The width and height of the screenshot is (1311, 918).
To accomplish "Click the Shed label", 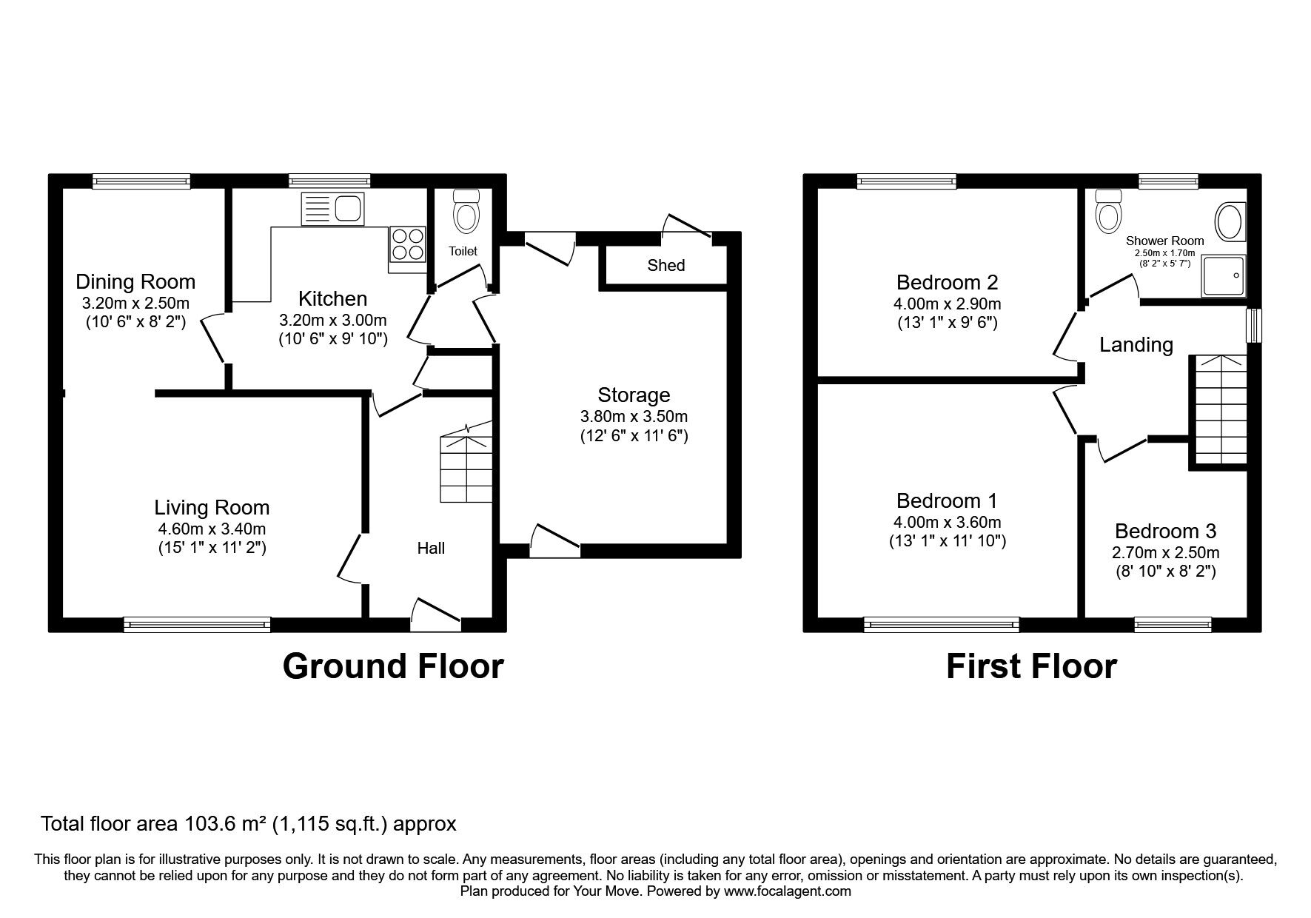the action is point(666,265).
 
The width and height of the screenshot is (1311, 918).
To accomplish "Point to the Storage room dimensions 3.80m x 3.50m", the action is point(634,416).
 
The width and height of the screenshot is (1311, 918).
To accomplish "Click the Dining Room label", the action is point(135,281).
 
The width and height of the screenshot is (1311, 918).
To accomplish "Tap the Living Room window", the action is point(197,625).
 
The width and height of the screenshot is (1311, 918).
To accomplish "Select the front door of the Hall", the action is point(436,615).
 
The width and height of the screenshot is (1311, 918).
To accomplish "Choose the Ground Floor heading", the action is point(393,666).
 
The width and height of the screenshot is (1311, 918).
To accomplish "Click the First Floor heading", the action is point(1031,666).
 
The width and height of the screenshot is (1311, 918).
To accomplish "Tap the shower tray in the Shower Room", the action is point(1224,277).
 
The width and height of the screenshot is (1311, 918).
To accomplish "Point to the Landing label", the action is point(1136,345).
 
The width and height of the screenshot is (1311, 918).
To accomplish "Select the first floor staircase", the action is point(1218,409).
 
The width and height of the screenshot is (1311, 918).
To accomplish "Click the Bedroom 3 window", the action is point(1173,625).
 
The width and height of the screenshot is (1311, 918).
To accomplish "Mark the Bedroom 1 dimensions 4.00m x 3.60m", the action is point(947,522).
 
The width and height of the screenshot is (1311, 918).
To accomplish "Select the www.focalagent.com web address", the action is point(788,891).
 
